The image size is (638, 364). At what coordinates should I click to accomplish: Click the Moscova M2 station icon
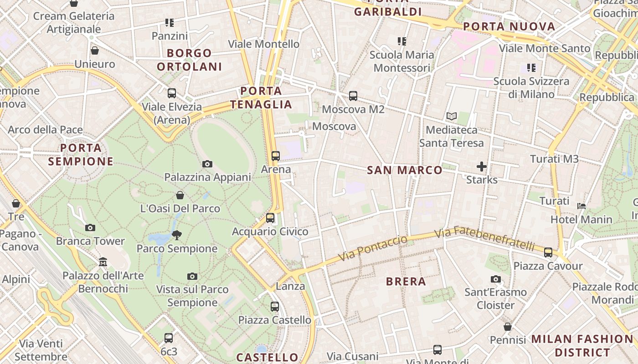point(353,96)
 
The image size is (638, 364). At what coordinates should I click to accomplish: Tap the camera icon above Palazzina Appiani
point(207,164)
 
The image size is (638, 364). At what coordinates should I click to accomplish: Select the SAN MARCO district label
point(405,170)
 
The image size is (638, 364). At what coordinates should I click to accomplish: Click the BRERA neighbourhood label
point(406,281)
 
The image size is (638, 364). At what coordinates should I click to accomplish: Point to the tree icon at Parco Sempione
point(177,235)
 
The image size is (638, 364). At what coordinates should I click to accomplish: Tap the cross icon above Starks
point(482,167)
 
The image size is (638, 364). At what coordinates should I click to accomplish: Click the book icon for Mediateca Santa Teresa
point(452,116)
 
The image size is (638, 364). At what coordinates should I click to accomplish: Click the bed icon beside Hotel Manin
point(581,206)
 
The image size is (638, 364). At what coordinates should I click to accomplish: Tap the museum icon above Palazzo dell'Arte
point(103,262)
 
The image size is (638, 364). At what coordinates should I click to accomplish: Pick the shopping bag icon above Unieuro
point(95,51)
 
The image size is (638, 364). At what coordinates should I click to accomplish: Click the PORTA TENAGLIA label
point(261,97)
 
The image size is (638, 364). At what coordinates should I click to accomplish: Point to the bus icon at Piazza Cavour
point(548,253)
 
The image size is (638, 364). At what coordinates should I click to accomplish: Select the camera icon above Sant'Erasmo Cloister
point(496,279)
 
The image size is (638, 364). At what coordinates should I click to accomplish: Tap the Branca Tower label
point(90,241)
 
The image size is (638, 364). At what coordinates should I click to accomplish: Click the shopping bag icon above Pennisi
point(508,327)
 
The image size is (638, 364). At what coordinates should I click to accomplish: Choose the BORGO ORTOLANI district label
point(190,60)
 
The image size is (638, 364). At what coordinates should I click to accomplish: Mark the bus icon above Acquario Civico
point(270,218)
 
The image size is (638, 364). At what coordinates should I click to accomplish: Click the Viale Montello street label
point(264,44)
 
